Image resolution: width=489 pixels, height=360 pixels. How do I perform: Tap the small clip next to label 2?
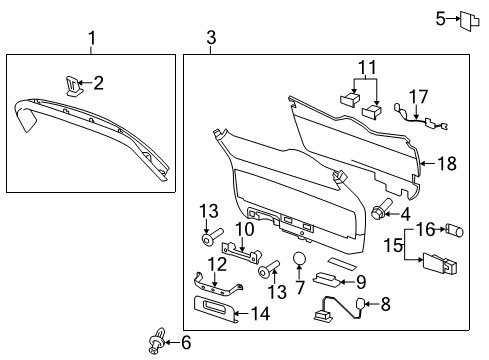coord(71,83)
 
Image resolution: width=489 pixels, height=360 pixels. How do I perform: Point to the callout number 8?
coord(385,304)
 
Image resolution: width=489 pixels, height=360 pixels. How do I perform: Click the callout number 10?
coord(243,231)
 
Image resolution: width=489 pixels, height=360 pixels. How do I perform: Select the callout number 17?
coord(421,97)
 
